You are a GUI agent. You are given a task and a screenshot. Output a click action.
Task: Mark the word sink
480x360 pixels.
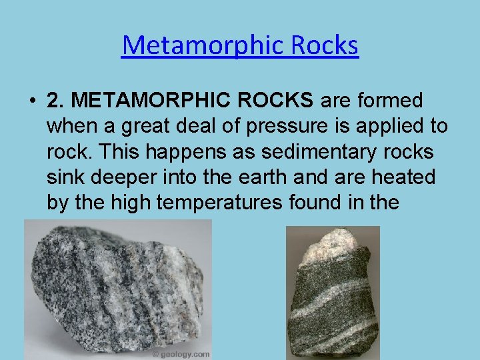[64, 177]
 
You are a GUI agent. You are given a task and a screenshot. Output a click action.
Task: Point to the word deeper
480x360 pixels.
[119, 177]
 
